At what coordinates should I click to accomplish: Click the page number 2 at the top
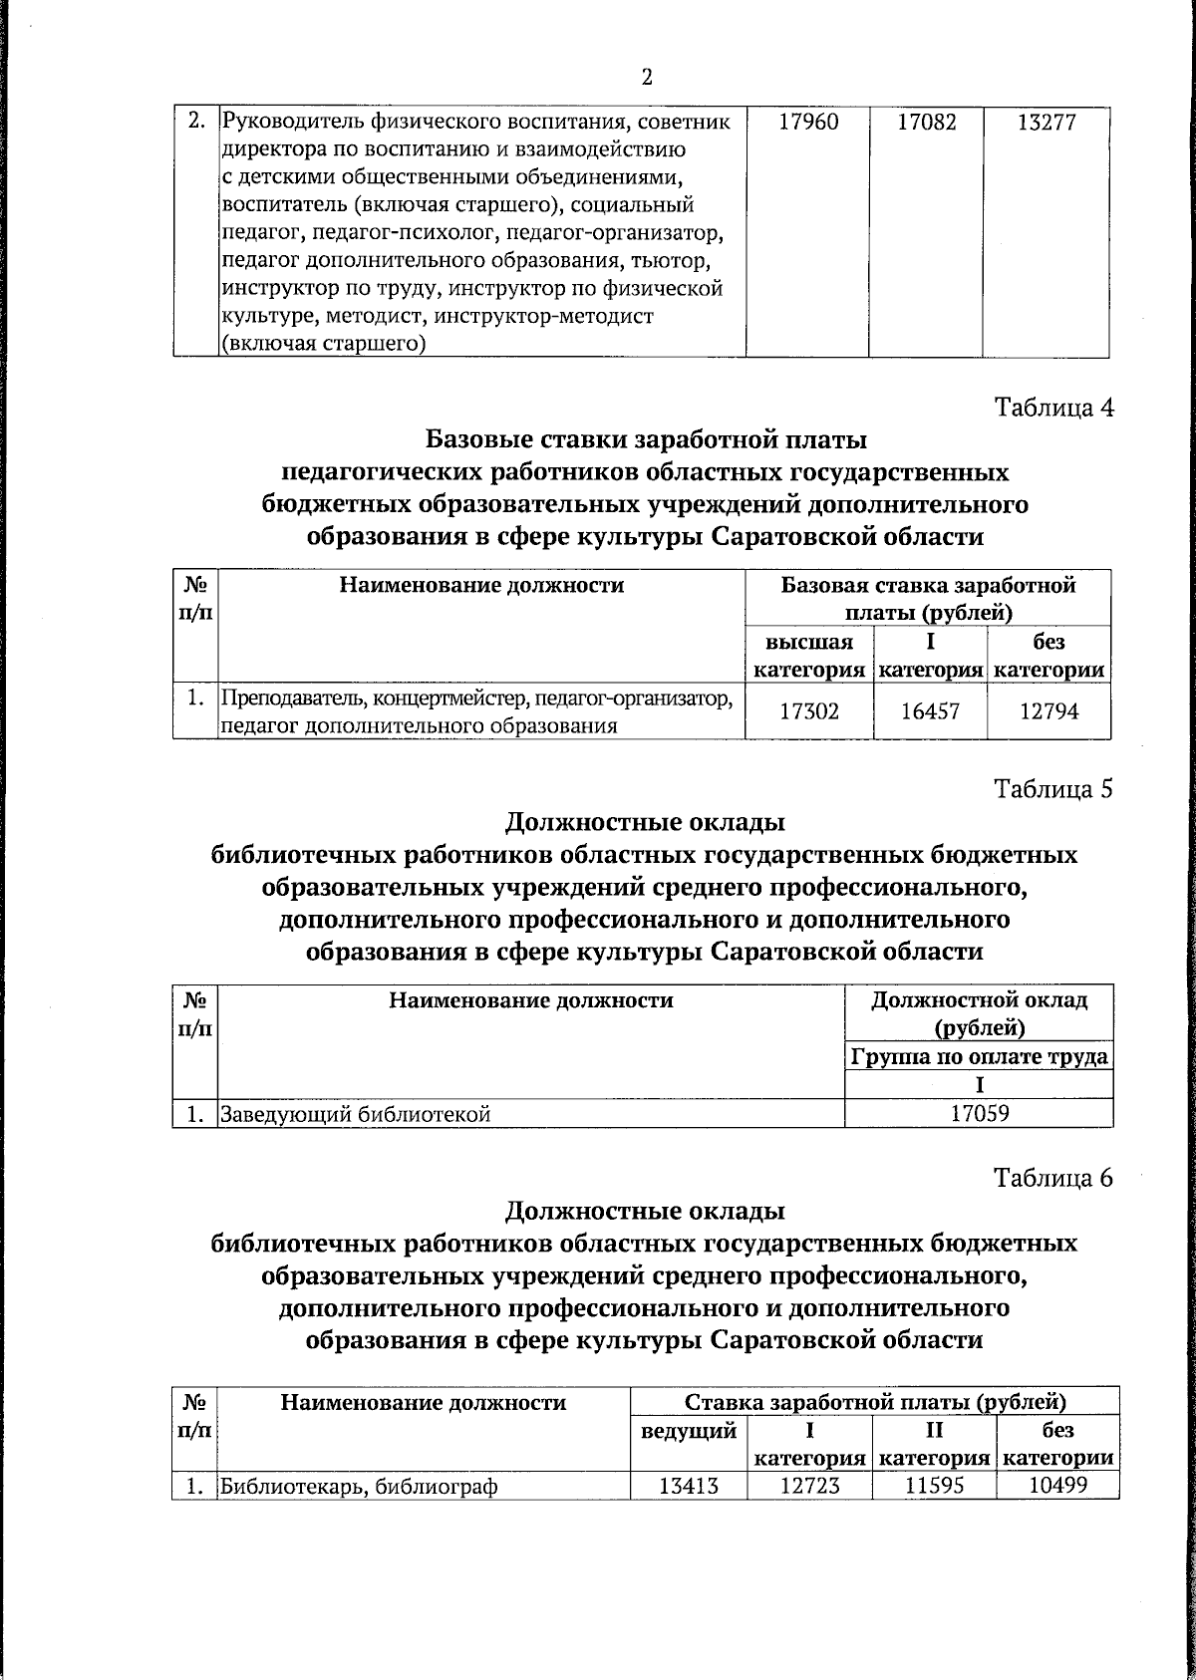tap(646, 78)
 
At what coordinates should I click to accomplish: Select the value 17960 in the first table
tap(808, 123)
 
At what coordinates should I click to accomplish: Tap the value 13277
tap(1046, 123)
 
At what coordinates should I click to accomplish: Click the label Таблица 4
tap(1053, 408)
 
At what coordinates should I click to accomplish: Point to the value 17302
tap(808, 711)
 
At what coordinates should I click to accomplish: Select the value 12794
tap(1048, 711)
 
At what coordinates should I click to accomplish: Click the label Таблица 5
tap(1053, 789)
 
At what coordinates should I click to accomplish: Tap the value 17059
tap(979, 1114)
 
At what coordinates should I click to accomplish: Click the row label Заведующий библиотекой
tap(356, 1114)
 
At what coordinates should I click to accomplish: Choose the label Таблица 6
tap(1053, 1178)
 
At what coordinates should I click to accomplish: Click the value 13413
tap(689, 1486)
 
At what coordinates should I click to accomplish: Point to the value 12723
tap(809, 1486)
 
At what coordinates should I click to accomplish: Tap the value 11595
tap(933, 1486)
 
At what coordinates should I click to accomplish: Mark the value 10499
tap(1056, 1486)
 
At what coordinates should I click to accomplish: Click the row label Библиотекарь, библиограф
tap(359, 1487)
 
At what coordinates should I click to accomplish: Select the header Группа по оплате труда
tap(979, 1056)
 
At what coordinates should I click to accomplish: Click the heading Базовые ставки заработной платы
tap(646, 439)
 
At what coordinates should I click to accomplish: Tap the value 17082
tap(927, 123)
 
